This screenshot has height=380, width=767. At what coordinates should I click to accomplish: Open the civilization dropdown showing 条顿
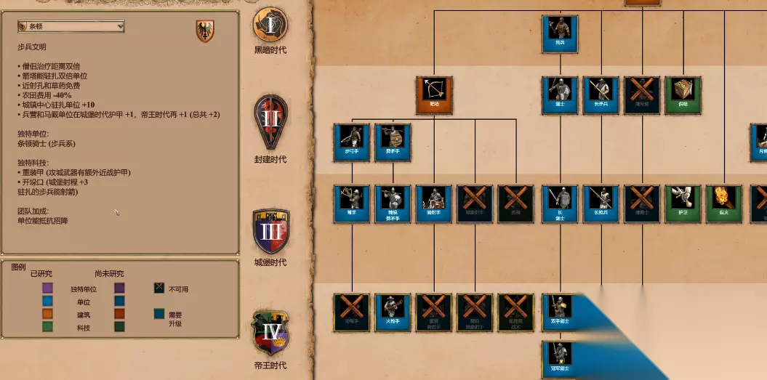coord(71,27)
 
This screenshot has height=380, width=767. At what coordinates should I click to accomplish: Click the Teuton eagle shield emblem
coord(205,31)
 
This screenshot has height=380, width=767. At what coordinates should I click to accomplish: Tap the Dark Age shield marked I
coord(270,25)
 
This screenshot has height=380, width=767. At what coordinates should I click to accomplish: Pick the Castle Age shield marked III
coord(270,231)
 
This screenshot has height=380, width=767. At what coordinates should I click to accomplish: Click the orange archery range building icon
coord(434,95)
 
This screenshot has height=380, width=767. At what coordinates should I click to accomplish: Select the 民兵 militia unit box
coord(560,33)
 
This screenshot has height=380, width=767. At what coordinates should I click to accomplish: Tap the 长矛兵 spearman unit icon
coord(601,95)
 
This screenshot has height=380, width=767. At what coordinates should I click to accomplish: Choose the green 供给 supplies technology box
coord(683,95)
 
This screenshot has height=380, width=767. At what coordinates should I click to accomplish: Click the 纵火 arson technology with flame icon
coord(723,203)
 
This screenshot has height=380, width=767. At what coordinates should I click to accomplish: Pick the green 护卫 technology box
coord(683,203)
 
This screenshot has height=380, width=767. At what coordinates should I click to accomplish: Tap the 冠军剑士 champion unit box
coord(560,358)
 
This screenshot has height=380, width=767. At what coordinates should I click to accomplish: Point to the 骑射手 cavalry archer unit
coord(434,203)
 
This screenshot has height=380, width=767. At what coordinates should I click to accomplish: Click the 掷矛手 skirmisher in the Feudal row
coord(393,142)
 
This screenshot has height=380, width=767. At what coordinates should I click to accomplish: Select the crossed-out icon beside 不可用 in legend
coord(159,288)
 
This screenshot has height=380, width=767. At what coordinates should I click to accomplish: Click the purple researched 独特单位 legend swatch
coord(48,288)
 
